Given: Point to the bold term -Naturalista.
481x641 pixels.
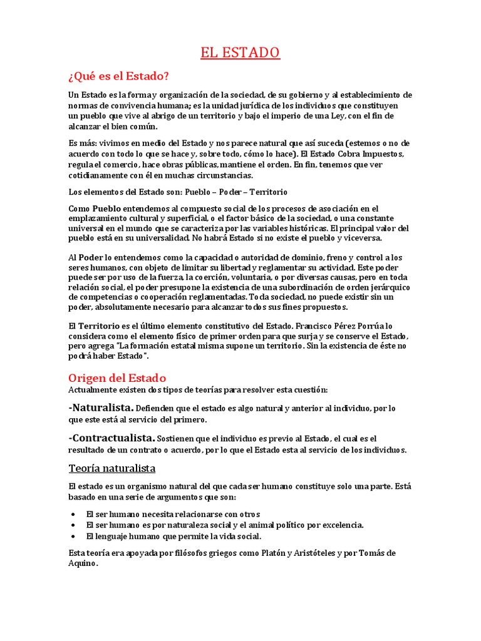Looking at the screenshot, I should coord(101,408).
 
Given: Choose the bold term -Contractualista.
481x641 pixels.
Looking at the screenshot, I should coord(112,438).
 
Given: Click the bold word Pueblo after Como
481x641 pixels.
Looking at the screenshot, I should coord(108,208).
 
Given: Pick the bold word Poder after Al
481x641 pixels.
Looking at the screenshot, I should coord(91,257).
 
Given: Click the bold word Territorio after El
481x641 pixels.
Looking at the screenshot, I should coord(104,326).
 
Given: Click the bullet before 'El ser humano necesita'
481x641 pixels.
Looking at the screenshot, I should coord(74,515).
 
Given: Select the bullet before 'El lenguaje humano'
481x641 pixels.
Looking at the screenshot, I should coord(74,537).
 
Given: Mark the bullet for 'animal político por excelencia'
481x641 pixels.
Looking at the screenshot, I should coord(74,526).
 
